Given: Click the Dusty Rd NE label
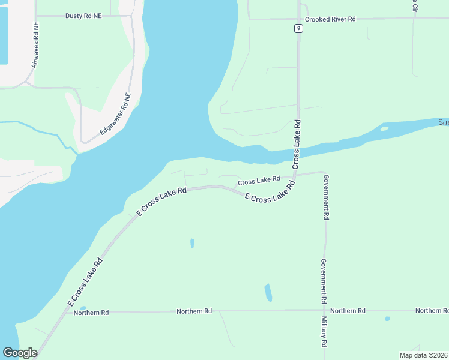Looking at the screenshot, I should click(x=83, y=16).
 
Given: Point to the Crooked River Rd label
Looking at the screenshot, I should click(x=330, y=19).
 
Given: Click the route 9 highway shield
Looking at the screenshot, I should click(x=298, y=28).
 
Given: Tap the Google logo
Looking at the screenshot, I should click(x=20, y=353).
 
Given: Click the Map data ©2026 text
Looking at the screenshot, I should click(x=423, y=355).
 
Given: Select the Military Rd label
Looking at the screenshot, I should click(x=324, y=332).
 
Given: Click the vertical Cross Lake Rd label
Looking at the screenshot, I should click(x=297, y=145).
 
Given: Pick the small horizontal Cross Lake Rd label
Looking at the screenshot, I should click(x=259, y=180).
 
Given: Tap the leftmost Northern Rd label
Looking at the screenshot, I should click(x=91, y=313).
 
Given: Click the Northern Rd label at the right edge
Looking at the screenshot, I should click(x=432, y=310).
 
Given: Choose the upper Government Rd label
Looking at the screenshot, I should click(x=326, y=198).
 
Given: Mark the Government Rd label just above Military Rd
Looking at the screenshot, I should click(x=323, y=281).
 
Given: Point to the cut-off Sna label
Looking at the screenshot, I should click(x=443, y=122).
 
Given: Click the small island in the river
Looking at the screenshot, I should click(x=384, y=128).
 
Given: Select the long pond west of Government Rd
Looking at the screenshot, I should click(x=268, y=293).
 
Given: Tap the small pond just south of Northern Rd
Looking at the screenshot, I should click(x=387, y=319).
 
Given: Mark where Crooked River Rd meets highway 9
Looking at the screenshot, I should click(x=298, y=19).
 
